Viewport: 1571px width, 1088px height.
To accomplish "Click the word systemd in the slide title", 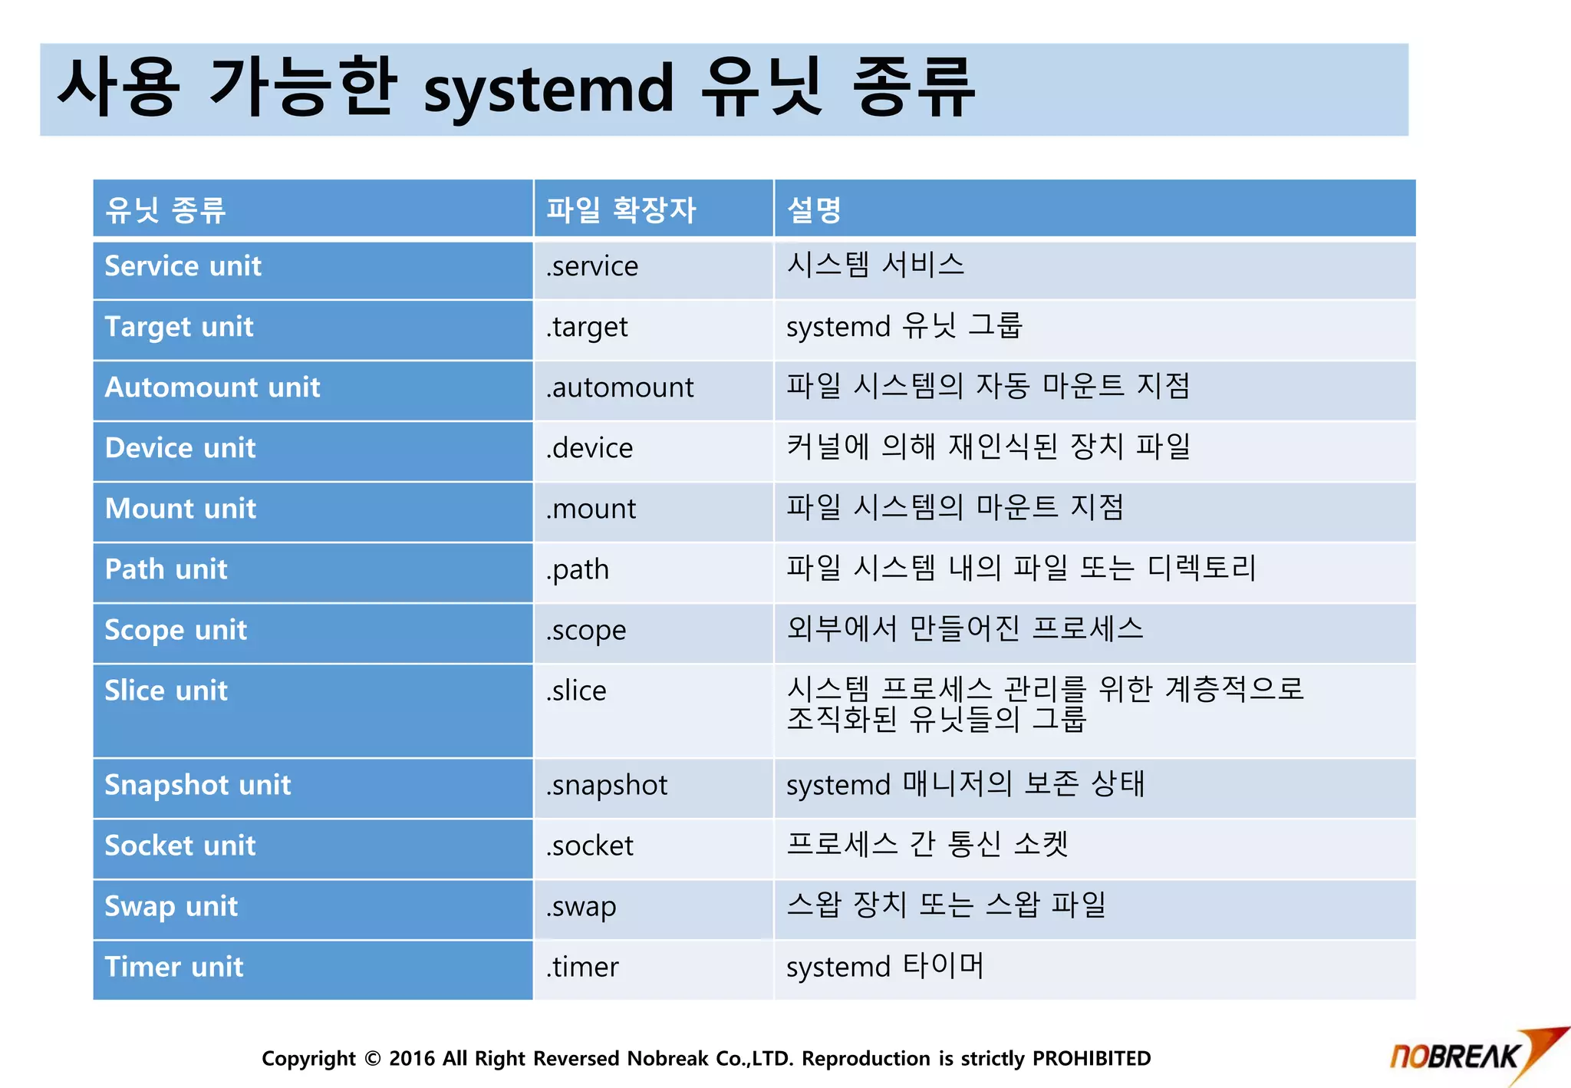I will tap(548, 89).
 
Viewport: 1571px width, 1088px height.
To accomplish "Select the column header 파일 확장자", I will tap(621, 209).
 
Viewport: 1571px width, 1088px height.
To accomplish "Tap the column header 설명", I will tap(814, 209).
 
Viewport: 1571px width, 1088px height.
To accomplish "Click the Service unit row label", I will tap(183, 266).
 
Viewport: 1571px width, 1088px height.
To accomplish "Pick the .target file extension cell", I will tap(587, 327).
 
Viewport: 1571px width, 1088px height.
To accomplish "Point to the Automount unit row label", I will tap(212, 387).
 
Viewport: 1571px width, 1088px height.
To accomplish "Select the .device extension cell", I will tap(589, 448).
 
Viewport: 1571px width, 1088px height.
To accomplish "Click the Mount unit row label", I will tap(180, 509).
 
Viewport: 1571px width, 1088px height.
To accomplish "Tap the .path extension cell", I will tap(577, 569).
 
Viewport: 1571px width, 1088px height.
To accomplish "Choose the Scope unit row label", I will tap(176, 630).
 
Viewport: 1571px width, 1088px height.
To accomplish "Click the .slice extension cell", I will tap(576, 691).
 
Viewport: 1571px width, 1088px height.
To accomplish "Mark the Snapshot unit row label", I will tap(197, 785).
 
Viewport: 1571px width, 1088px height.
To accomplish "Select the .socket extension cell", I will tap(589, 846).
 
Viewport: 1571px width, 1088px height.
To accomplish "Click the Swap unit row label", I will tap(171, 906).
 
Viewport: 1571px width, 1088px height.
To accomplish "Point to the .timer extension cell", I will tap(581, 967).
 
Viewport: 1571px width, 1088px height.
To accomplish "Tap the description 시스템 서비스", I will tap(875, 265).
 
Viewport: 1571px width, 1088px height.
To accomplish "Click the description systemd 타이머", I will tap(884, 966).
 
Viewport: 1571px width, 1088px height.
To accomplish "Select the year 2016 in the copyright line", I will tap(412, 1059).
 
